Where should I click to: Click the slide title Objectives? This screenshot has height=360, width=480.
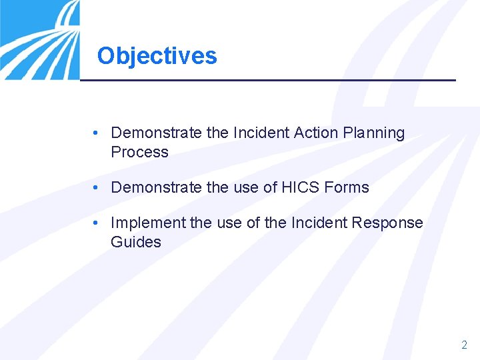pyautogui.click(x=157, y=55)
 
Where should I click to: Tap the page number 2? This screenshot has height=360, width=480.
pyautogui.click(x=464, y=345)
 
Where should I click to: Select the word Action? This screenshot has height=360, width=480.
pyautogui.click(x=317, y=133)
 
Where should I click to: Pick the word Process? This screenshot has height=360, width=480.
pyautogui.click(x=139, y=152)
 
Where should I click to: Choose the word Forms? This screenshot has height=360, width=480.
pyautogui.click(x=347, y=187)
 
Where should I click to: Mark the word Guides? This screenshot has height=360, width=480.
pyautogui.click(x=136, y=242)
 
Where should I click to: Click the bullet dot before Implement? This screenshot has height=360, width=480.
pyautogui.click(x=97, y=223)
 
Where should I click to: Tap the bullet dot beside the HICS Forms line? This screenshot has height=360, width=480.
pyautogui.click(x=97, y=187)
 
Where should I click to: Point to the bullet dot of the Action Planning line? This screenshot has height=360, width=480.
pyautogui.click(x=97, y=133)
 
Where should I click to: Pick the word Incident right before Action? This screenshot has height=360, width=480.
pyautogui.click(x=261, y=133)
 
